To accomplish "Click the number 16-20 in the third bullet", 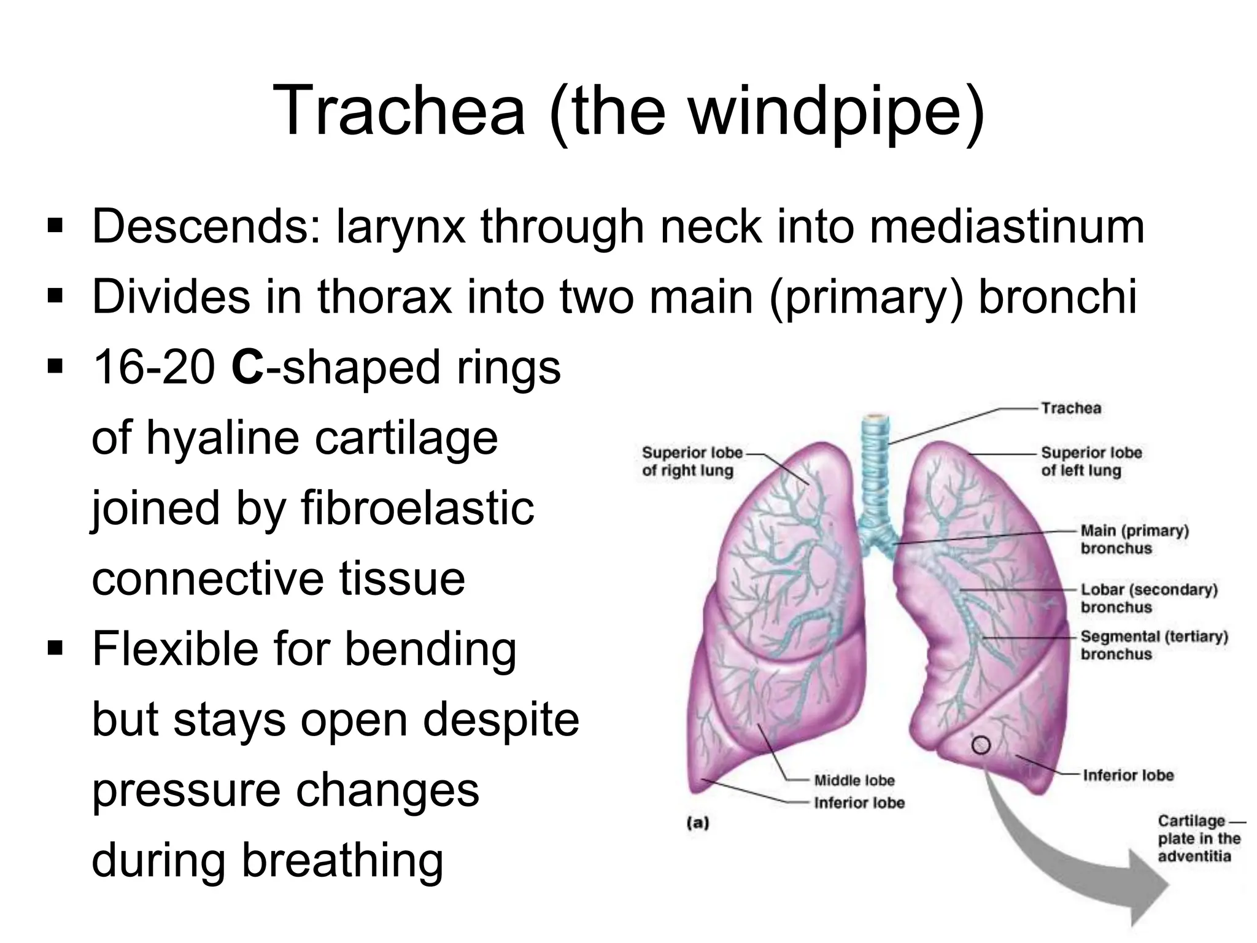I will click(153, 367).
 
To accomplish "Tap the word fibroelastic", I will click(417, 508).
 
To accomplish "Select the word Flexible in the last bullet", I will click(175, 649).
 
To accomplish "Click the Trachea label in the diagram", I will click(1071, 408).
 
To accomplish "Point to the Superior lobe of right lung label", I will click(692, 462).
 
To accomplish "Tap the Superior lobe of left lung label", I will click(1091, 462).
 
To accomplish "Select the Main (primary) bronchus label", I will click(1134, 539).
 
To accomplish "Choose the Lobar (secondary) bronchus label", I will click(1148, 598).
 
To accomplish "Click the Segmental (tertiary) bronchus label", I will click(1154, 645).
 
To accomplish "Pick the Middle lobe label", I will click(854, 780).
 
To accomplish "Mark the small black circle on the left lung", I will click(981, 745).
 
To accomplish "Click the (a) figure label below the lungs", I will click(697, 823).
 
